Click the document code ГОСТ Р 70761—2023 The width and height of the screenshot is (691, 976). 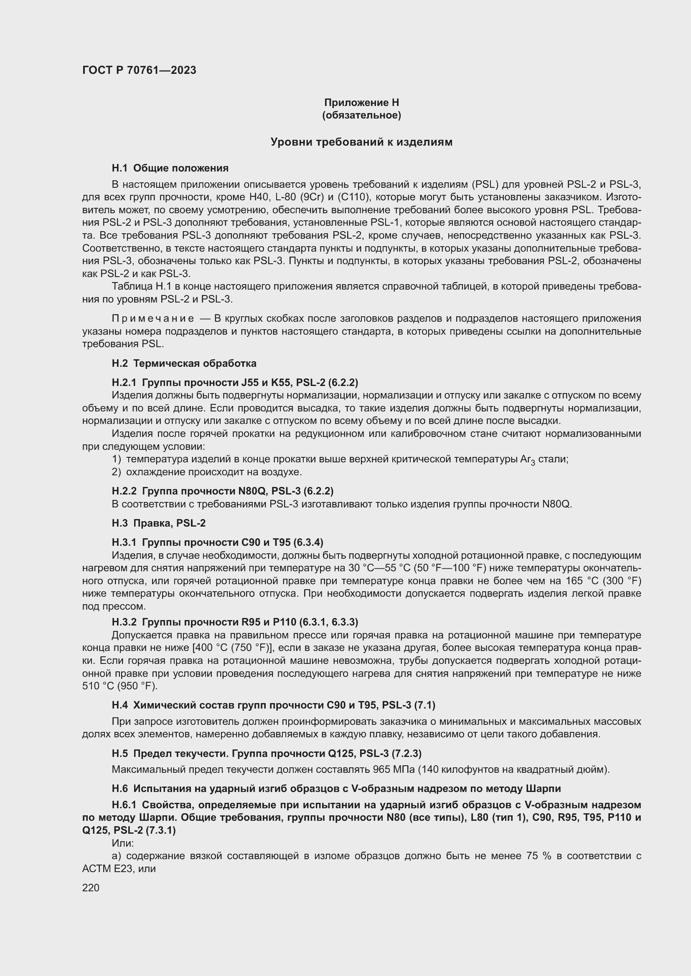click(x=139, y=70)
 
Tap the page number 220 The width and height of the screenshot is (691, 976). click(x=91, y=888)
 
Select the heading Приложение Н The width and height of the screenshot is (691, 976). click(x=361, y=103)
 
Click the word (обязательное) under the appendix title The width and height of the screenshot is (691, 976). click(x=361, y=115)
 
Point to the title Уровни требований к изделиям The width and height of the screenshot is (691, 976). click(x=361, y=142)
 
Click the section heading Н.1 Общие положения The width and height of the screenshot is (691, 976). click(x=170, y=168)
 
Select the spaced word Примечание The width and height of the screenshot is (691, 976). click(x=153, y=318)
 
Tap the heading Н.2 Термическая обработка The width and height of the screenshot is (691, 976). click(x=184, y=363)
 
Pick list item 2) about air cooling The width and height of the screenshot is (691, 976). click(x=207, y=472)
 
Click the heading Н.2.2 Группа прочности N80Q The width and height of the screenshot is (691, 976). click(x=222, y=491)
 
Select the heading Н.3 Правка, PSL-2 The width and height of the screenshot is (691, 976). click(x=158, y=523)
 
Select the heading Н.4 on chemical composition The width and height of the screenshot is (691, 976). click(x=273, y=705)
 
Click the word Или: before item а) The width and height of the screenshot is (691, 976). click(x=122, y=843)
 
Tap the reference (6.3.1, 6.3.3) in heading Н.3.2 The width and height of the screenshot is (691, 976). click(x=328, y=622)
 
